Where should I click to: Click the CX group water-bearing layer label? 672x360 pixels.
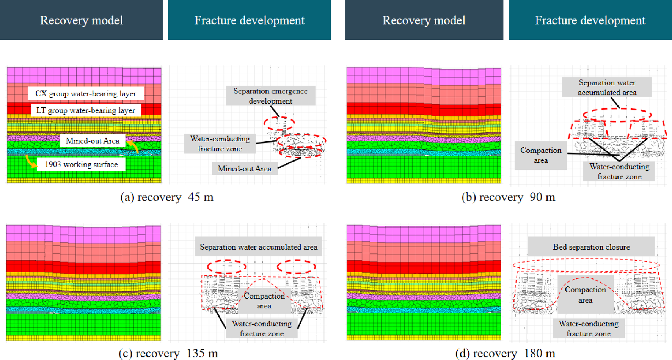[86, 94]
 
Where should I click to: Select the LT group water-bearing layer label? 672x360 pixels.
[86, 110]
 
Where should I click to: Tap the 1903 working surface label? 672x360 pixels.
[81, 164]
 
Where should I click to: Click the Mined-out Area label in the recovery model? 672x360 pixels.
[93, 141]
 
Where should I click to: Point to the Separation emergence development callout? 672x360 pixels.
[270, 96]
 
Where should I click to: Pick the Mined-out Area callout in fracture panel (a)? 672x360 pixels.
[245, 169]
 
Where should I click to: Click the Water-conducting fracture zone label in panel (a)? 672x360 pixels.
[220, 144]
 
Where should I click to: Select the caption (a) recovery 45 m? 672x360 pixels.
[167, 197]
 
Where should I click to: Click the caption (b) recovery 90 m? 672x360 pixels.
[508, 197]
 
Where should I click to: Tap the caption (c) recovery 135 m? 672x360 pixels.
[168, 354]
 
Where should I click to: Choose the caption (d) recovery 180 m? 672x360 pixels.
[505, 354]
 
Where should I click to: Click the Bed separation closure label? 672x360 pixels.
[591, 247]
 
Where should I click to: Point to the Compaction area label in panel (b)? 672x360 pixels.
[541, 155]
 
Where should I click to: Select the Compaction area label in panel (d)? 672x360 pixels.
[585, 295]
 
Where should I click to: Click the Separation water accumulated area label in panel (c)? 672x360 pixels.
[259, 247]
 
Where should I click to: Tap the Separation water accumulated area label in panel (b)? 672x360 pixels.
[607, 88]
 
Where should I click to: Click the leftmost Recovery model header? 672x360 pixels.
[82, 20]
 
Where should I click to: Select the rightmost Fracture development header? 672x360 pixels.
[590, 20]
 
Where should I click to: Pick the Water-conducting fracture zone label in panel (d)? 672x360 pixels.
[589, 329]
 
